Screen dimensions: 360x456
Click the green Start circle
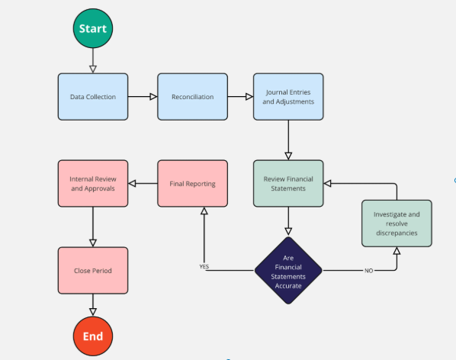(x=93, y=28)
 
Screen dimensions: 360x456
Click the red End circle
(x=93, y=336)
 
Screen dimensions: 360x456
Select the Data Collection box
(x=93, y=97)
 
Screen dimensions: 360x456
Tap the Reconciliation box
(x=192, y=97)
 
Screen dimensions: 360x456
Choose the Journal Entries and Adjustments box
(x=288, y=97)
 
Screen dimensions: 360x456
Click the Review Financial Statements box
(x=288, y=183)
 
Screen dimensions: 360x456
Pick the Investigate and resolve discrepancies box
(x=397, y=223)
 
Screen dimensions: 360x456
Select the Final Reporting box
(x=192, y=183)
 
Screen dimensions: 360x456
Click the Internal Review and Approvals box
(x=93, y=183)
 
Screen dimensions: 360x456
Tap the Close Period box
(x=93, y=270)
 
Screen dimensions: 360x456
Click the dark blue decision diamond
(x=288, y=270)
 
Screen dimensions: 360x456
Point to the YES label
(x=204, y=267)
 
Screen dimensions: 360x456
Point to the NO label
(x=369, y=271)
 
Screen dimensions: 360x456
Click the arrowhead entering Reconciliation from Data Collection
(x=153, y=97)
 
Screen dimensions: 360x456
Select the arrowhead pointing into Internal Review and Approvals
(x=132, y=183)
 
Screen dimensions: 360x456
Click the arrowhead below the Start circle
(x=93, y=69)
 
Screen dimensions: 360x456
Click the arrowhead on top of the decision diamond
(x=288, y=231)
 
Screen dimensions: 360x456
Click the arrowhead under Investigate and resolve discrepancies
(x=397, y=252)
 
